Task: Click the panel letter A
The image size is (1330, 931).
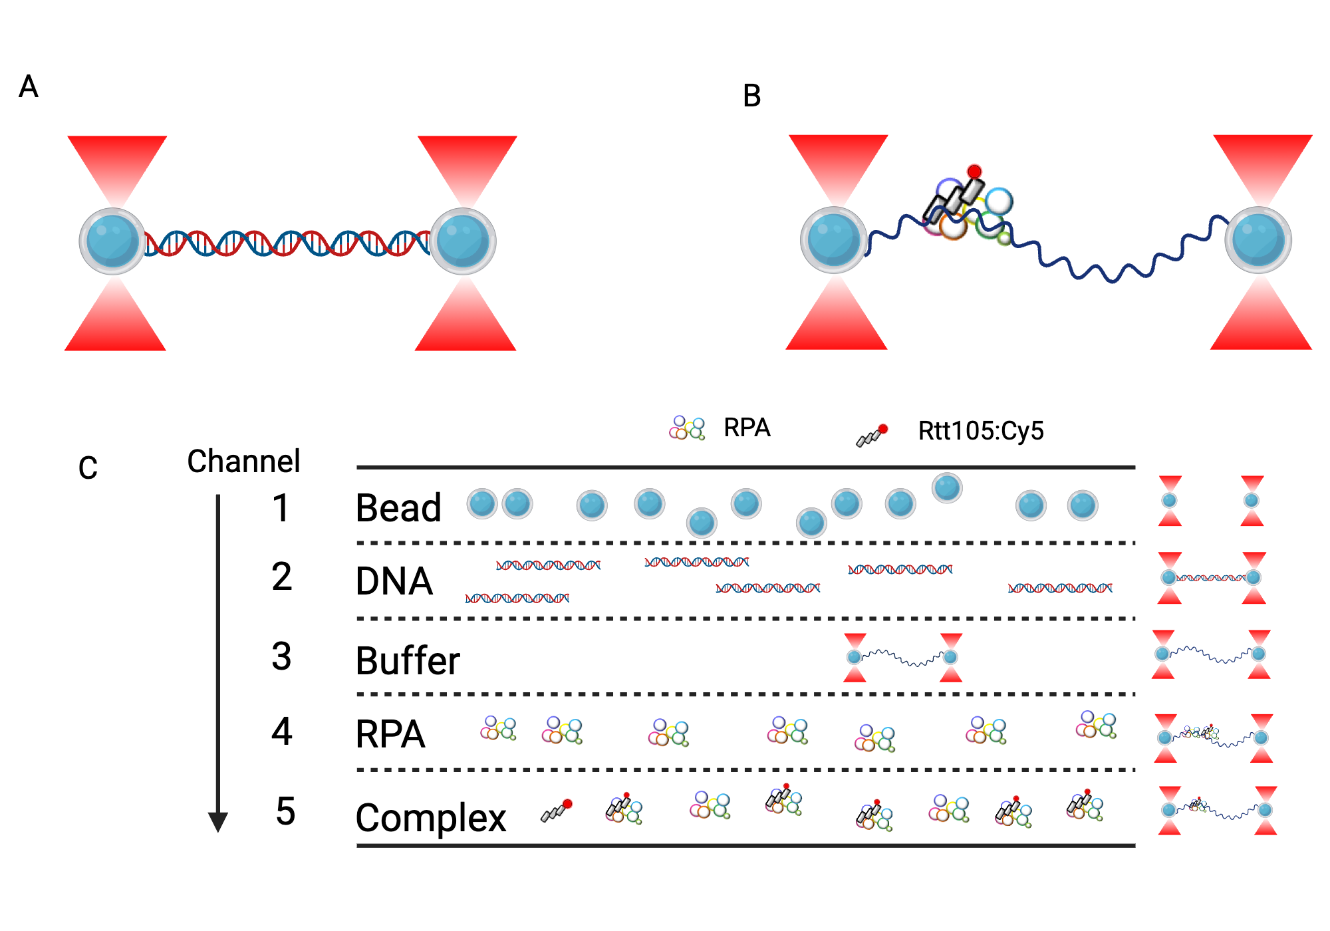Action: pos(29,86)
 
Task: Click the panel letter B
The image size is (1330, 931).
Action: pos(751,96)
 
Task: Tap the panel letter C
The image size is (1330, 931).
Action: pos(88,467)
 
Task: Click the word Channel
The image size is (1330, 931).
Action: pos(243,461)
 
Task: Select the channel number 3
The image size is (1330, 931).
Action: pos(281,656)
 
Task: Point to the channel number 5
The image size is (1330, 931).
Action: pos(285,811)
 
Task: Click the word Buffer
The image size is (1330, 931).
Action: pos(408,660)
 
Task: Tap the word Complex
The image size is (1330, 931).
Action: pos(431,817)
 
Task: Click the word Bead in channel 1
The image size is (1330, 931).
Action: pos(398,508)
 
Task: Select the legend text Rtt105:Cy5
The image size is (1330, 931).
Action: pos(981,431)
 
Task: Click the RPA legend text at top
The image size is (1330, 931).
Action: pos(747,428)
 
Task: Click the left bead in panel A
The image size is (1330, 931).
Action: pos(112,241)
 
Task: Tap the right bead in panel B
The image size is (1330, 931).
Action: pos(1258,240)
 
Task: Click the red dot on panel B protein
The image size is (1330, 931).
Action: pos(974,172)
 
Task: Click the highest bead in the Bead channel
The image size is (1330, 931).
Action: pos(947,488)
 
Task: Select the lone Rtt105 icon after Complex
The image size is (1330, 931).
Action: pos(557,811)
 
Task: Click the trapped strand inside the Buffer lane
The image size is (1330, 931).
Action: pos(902,658)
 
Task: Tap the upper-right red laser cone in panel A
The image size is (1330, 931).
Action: pos(467,166)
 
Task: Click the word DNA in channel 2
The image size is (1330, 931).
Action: pos(394,581)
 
